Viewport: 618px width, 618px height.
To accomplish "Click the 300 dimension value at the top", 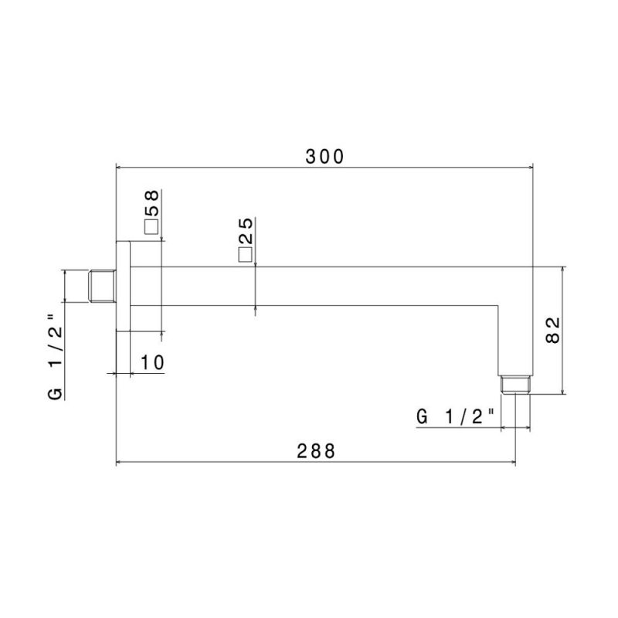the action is click(324, 157).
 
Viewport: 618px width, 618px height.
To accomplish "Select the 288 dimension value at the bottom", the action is click(316, 451).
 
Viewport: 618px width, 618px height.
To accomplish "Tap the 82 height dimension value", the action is click(552, 331).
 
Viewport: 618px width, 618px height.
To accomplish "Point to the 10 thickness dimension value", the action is click(152, 362).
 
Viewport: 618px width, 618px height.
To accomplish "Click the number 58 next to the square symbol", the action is click(151, 203).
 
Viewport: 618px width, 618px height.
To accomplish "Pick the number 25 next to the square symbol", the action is click(245, 231).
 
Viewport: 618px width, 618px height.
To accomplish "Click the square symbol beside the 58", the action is click(151, 227).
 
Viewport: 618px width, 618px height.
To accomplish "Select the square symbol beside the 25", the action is click(245, 255).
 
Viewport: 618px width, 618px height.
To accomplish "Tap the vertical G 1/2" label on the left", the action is click(55, 357).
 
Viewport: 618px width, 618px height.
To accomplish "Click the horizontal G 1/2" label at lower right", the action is click(455, 416).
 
